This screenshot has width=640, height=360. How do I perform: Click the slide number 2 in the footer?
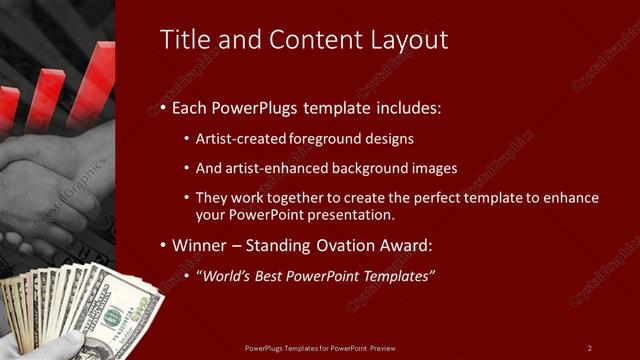589,347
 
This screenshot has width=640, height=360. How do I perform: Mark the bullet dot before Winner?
163,246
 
